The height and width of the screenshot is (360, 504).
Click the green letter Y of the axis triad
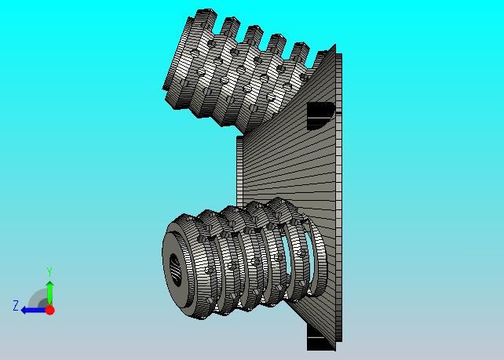point(49,271)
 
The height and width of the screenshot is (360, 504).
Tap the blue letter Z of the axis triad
point(16,305)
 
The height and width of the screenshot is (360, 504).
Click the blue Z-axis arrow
point(33,311)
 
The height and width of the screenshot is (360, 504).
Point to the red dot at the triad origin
point(49,310)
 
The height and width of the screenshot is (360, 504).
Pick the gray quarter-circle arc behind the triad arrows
point(35,295)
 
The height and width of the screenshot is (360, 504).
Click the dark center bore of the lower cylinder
point(175,269)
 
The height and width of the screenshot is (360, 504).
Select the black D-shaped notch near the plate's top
point(320,115)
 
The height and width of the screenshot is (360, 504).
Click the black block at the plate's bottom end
point(320,337)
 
